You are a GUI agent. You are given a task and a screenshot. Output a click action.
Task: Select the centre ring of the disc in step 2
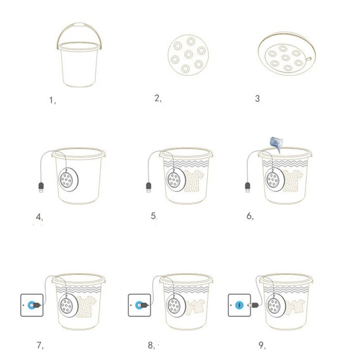pos(189,54)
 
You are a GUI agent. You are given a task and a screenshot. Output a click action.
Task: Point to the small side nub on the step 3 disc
pos(308,59)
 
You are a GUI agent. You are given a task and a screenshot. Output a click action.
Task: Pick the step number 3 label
pos(257,99)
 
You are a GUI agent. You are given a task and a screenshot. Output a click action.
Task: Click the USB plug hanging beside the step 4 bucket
pos(41,187)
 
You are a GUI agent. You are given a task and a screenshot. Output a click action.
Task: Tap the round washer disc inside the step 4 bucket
pos(68,180)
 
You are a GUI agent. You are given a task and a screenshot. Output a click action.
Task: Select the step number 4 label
pos(39,217)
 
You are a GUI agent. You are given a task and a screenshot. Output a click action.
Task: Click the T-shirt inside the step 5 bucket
pos(194,181)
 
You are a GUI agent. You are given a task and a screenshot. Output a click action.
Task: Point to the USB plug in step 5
pos(148,187)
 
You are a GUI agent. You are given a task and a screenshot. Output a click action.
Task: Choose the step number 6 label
pos(250,216)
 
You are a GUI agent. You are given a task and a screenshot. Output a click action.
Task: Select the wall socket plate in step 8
pos(139,305)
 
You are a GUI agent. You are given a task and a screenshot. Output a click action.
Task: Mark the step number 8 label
pos(152,345)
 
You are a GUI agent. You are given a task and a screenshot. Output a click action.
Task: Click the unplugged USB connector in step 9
pos(253,305)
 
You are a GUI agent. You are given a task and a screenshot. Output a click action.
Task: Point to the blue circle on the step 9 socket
pos(239,305)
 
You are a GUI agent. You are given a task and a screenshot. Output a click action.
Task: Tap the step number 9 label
pos(262,345)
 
